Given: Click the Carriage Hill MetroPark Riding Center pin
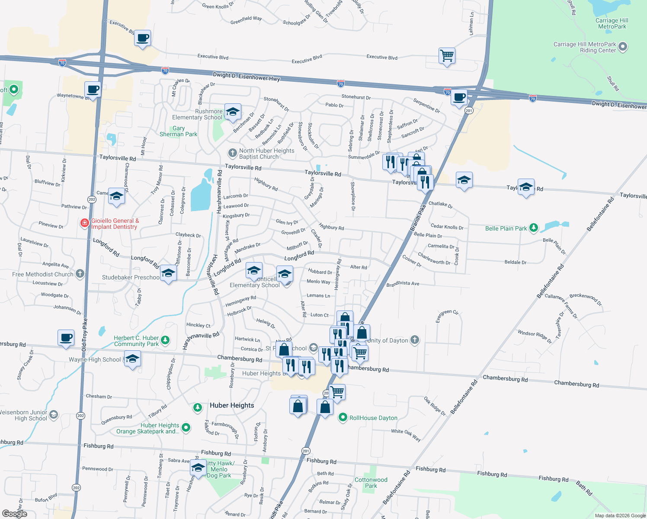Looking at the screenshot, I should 623,47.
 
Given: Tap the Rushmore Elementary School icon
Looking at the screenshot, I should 233,112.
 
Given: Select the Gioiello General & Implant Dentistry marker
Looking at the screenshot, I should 85,223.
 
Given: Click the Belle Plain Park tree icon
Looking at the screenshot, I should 534,228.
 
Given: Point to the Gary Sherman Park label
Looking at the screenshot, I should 178,131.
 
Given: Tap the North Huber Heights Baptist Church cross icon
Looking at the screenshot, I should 233,153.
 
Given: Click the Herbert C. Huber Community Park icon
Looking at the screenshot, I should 165,340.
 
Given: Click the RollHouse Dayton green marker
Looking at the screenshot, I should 343,417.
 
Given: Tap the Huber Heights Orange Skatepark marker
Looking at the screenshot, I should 186,428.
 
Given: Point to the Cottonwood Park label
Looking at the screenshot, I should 371,483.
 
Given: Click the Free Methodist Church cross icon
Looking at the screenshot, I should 80,274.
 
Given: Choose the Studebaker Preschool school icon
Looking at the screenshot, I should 168,273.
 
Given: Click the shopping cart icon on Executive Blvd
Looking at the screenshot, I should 447,56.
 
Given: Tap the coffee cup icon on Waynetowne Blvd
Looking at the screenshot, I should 93,90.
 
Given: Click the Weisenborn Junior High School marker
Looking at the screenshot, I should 54,415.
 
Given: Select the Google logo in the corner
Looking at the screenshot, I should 14,513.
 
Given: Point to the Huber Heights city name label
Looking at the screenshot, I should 232,405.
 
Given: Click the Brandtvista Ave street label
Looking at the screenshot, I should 403,284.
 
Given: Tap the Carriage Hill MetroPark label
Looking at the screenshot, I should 612,23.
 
